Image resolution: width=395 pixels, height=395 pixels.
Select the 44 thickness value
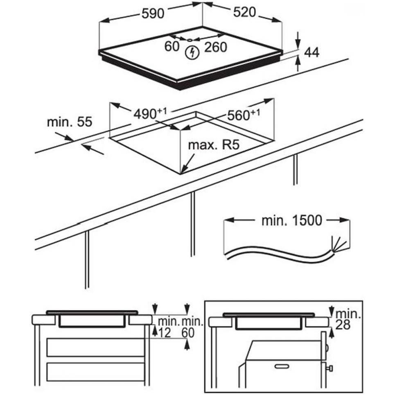tap(311, 52)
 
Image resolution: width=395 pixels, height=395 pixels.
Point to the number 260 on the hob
tap(215, 47)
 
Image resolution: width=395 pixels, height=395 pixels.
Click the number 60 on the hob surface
tap(172, 47)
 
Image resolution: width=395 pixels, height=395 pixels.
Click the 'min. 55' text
tap(69, 122)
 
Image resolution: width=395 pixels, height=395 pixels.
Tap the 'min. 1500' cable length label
tap(291, 221)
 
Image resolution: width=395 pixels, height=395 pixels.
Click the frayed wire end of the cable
tap(339, 245)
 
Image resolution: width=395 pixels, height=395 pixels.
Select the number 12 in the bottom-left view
tap(165, 333)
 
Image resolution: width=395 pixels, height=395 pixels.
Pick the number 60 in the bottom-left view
tap(187, 333)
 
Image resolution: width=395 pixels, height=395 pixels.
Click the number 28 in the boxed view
tap(345, 326)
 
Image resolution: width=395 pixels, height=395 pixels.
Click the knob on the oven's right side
tap(330, 368)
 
